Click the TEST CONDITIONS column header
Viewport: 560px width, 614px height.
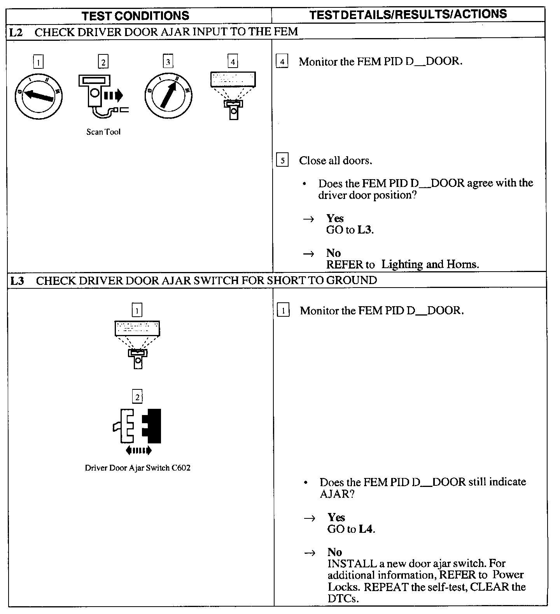[135, 16]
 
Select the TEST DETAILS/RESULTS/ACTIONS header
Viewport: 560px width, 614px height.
[408, 14]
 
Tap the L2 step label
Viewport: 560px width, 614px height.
[16, 32]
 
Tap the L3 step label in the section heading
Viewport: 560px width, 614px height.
[17, 280]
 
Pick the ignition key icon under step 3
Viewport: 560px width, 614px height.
[168, 95]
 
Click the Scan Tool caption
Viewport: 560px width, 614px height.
[103, 132]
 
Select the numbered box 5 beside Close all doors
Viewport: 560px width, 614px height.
[282, 160]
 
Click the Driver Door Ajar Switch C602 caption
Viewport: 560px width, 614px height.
[138, 468]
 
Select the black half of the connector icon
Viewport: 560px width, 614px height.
[152, 426]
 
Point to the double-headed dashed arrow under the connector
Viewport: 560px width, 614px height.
[138, 450]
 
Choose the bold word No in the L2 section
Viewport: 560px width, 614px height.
[333, 253]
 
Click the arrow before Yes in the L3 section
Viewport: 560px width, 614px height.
[310, 518]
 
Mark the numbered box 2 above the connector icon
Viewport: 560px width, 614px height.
[137, 397]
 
